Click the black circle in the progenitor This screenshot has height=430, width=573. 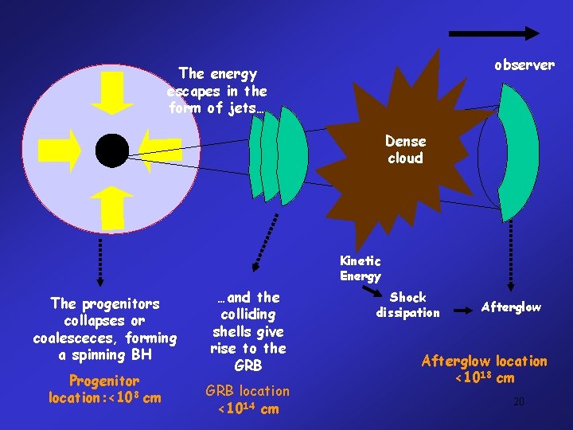pos(111,150)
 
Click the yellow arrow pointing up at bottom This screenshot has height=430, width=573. pos(113,208)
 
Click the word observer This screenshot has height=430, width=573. pos(524,65)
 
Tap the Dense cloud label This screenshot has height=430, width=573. pos(405,150)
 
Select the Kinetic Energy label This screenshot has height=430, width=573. pos(361,268)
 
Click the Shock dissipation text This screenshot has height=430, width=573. pos(408,305)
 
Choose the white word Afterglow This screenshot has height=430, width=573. pos(510,307)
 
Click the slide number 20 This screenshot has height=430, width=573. pos(518,401)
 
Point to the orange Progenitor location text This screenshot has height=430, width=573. pos(104,389)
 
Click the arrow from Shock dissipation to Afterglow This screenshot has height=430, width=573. pos(463,307)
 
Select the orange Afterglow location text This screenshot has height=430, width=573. pos(484,369)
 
